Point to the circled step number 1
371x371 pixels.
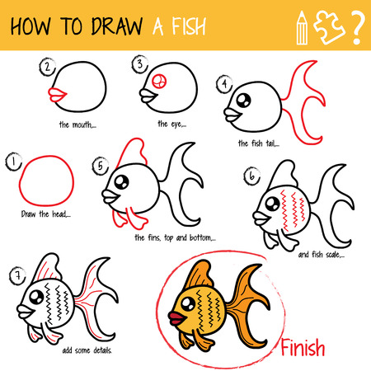coord(13,163)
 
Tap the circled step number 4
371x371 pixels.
coord(223,83)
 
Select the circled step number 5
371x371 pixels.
coord(101,165)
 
